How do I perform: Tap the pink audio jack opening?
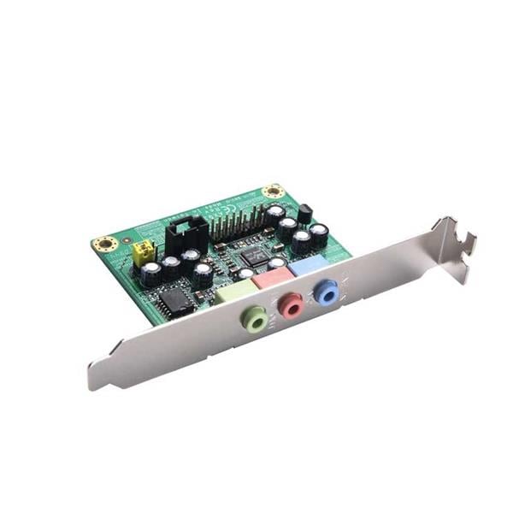pos(292,304)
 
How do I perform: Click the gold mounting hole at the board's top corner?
pos(273,190)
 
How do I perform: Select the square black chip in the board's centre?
pos(254,255)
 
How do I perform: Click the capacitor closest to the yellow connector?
pos(152,273)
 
